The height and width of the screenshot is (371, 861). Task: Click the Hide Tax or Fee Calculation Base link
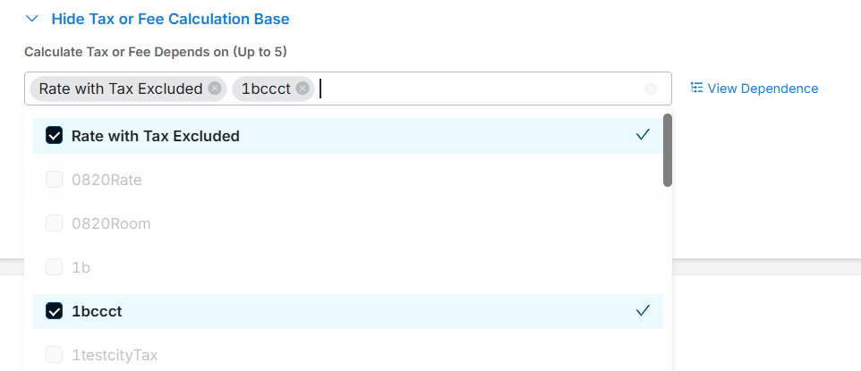point(170,19)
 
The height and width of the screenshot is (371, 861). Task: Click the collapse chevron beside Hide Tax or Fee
point(32,19)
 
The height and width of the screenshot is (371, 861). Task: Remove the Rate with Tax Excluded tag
point(215,89)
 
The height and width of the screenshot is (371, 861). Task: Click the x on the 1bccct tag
point(303,89)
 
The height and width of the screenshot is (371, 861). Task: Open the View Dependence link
point(763,89)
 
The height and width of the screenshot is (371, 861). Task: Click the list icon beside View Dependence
point(697,89)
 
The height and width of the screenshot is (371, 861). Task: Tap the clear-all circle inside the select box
point(651,89)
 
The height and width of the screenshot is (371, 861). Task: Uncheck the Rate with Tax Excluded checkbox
point(54,136)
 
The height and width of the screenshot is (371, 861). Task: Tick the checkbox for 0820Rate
point(54,180)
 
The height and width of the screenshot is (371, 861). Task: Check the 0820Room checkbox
point(54,223)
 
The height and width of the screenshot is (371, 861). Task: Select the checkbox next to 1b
point(54,267)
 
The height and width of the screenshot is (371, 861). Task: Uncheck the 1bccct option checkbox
point(54,311)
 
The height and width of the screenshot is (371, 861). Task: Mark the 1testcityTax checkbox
point(54,355)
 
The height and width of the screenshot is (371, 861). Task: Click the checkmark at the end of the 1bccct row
point(642,311)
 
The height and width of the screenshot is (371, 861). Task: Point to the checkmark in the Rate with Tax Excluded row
point(642,135)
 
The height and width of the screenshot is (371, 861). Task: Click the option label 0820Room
point(111,223)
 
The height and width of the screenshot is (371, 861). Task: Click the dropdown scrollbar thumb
point(668,150)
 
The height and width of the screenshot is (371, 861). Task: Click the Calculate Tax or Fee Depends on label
point(155,52)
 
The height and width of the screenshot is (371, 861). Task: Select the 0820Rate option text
point(107,180)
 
